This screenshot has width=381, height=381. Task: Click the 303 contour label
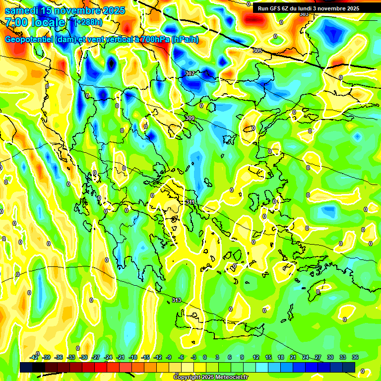click(x=304, y=14)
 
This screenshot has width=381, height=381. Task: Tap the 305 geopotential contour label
click(x=257, y=51)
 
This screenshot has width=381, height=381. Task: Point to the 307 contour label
click(x=190, y=73)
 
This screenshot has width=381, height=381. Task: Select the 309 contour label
click(x=190, y=118)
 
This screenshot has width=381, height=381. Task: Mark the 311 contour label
click(x=190, y=202)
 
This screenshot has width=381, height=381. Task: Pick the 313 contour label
click(x=177, y=300)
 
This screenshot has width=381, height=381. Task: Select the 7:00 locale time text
click(x=35, y=22)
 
